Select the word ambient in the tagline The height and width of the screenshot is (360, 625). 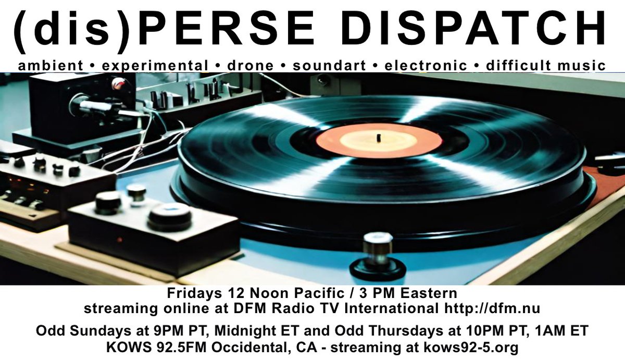click(50, 66)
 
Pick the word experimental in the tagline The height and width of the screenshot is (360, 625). click(155, 66)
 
